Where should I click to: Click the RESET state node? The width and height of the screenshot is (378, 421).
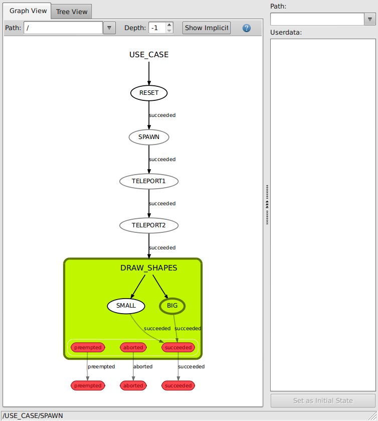[149, 93]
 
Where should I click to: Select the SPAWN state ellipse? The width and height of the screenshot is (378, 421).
[149, 137]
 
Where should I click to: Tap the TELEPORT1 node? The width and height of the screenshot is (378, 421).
[149, 181]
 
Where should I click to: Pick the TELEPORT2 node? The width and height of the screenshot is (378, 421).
[149, 225]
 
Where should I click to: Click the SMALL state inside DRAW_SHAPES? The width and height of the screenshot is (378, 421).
[126, 306]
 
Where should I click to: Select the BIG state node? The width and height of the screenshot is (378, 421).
[172, 306]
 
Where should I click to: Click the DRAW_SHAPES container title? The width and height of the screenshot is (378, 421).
[149, 268]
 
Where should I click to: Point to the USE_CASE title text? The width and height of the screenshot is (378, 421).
[149, 55]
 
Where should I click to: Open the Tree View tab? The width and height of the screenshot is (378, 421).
[72, 12]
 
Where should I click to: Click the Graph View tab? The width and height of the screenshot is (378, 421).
[28, 11]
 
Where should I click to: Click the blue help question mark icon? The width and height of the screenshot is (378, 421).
[247, 28]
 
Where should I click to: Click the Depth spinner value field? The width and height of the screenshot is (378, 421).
[157, 28]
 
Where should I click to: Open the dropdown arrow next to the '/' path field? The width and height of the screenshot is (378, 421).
[109, 28]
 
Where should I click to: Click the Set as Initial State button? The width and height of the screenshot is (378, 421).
[323, 401]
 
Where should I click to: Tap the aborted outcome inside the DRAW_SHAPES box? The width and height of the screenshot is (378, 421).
[133, 347]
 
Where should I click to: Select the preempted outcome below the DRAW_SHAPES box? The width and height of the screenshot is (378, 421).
[88, 385]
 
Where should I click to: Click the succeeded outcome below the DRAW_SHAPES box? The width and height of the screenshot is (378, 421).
[178, 385]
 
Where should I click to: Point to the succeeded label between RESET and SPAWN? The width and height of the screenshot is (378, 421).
[162, 115]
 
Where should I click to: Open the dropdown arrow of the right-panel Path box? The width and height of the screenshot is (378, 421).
[370, 20]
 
